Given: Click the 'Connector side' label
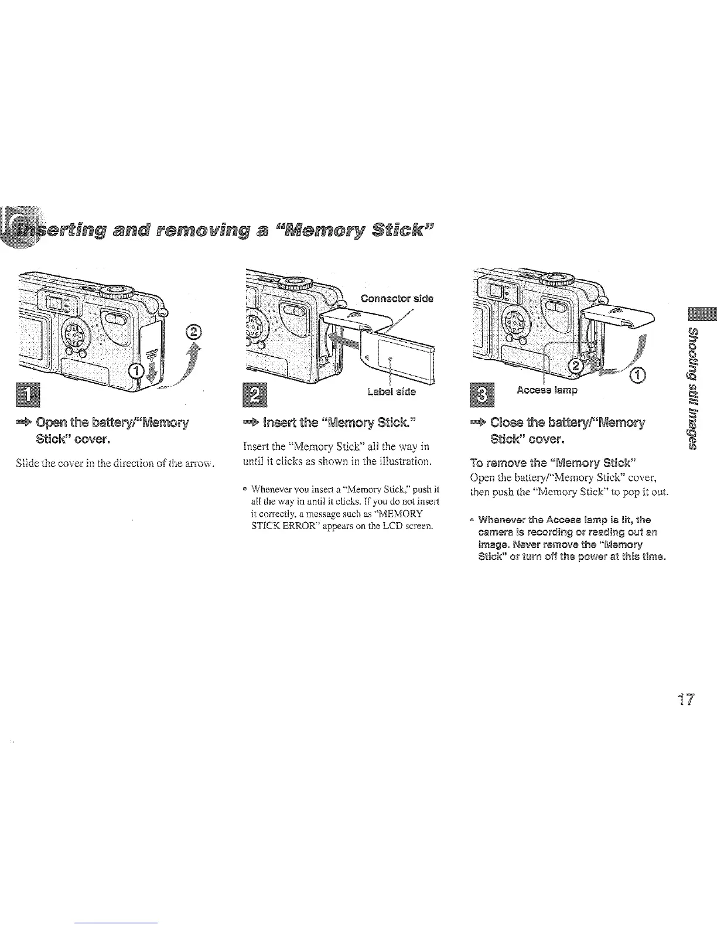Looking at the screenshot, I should tap(397, 298).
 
